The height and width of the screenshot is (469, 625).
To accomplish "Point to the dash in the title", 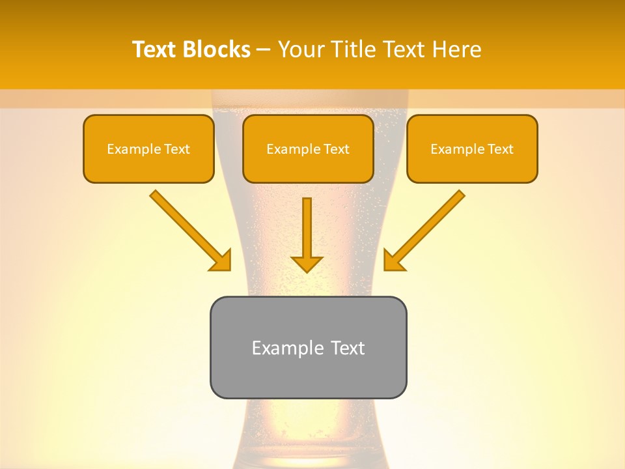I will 264,50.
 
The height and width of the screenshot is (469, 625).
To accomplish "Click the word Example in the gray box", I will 287,348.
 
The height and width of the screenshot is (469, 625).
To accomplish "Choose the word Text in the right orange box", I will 500,149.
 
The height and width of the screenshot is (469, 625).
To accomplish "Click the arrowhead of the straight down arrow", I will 307,263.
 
